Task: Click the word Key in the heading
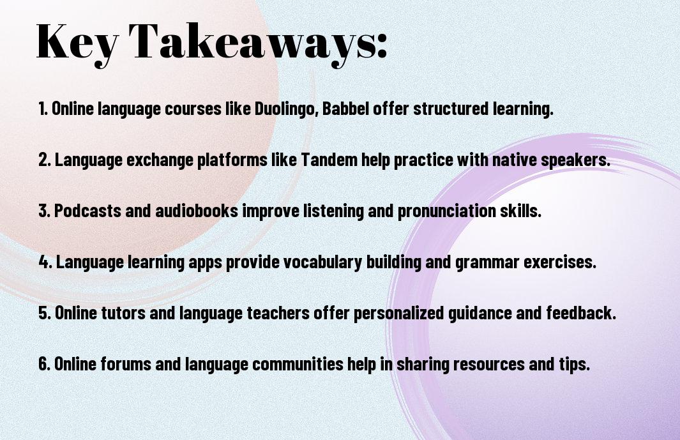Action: click(x=77, y=43)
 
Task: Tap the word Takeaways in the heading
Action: click(x=246, y=43)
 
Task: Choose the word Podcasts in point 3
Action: click(x=87, y=211)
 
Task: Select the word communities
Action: click(x=298, y=363)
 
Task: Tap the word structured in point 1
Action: click(x=451, y=109)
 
